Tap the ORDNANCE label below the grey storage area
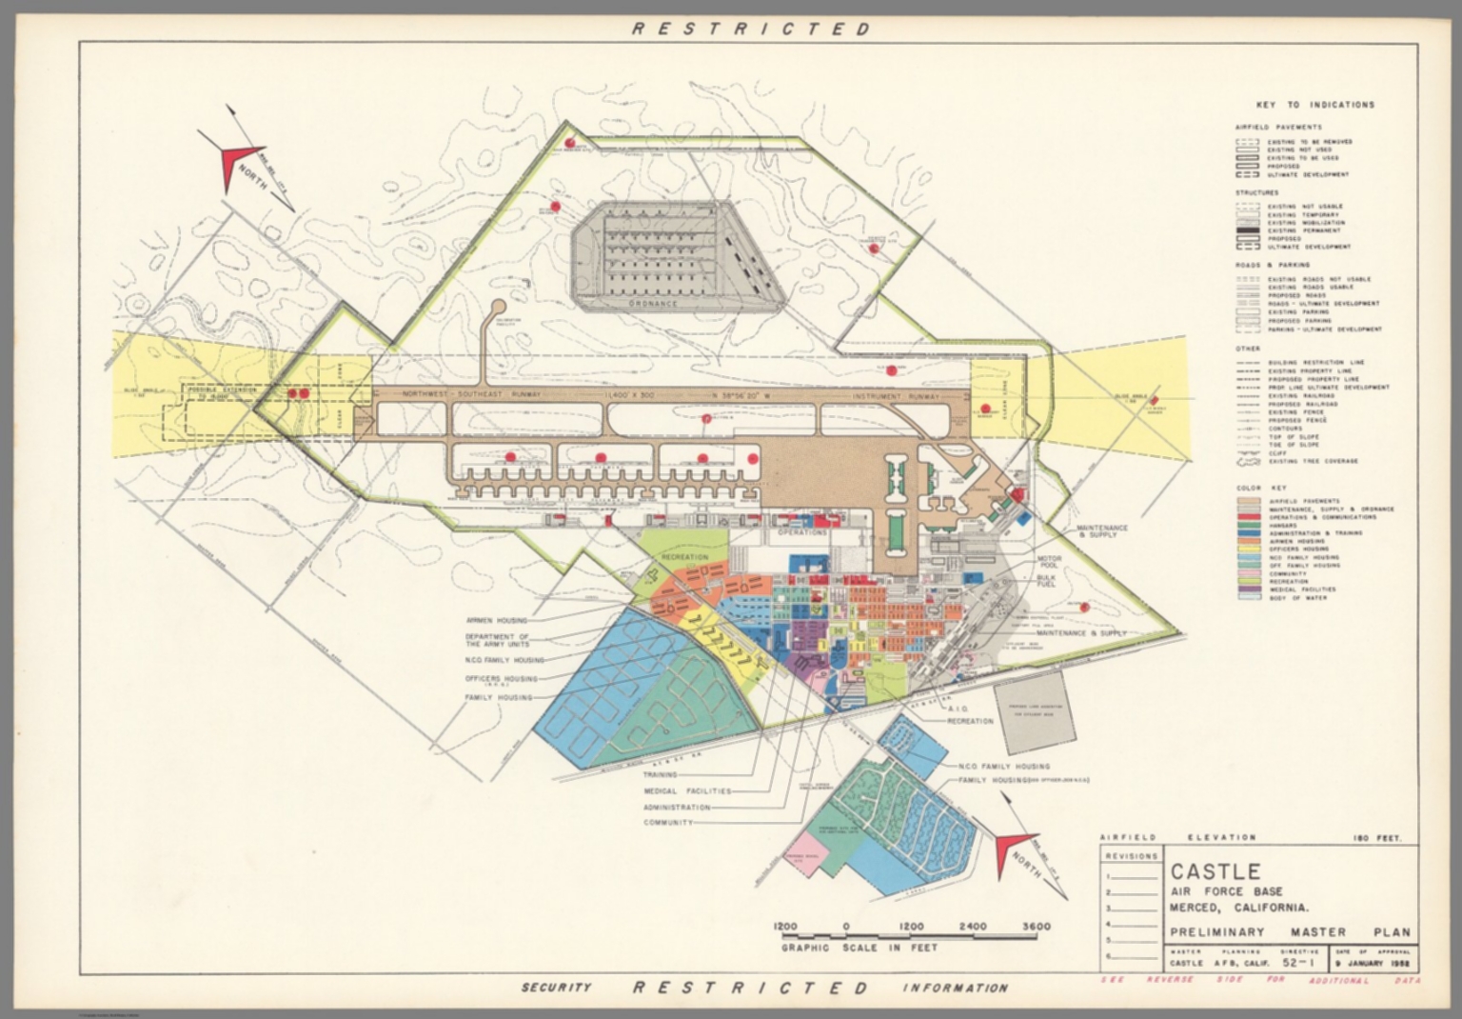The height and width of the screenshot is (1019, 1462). click(x=654, y=304)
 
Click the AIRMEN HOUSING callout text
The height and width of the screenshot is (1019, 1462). click(x=496, y=620)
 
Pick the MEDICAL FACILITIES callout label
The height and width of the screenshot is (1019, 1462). click(x=688, y=790)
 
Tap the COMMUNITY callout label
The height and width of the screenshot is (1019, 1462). click(x=667, y=822)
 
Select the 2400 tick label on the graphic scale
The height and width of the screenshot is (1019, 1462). click(x=973, y=927)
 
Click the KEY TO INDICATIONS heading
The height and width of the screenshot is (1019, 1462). click(x=1314, y=105)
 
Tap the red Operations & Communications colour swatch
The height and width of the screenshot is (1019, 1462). click(x=1248, y=517)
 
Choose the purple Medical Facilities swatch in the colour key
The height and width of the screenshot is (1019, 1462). click(x=1248, y=589)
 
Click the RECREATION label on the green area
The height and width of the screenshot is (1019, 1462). click(x=684, y=556)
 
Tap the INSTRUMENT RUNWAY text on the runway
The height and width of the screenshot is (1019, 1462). click(x=896, y=395)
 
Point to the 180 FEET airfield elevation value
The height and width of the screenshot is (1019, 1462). click(x=1382, y=838)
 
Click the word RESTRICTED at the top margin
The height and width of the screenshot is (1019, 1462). click(x=752, y=29)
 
